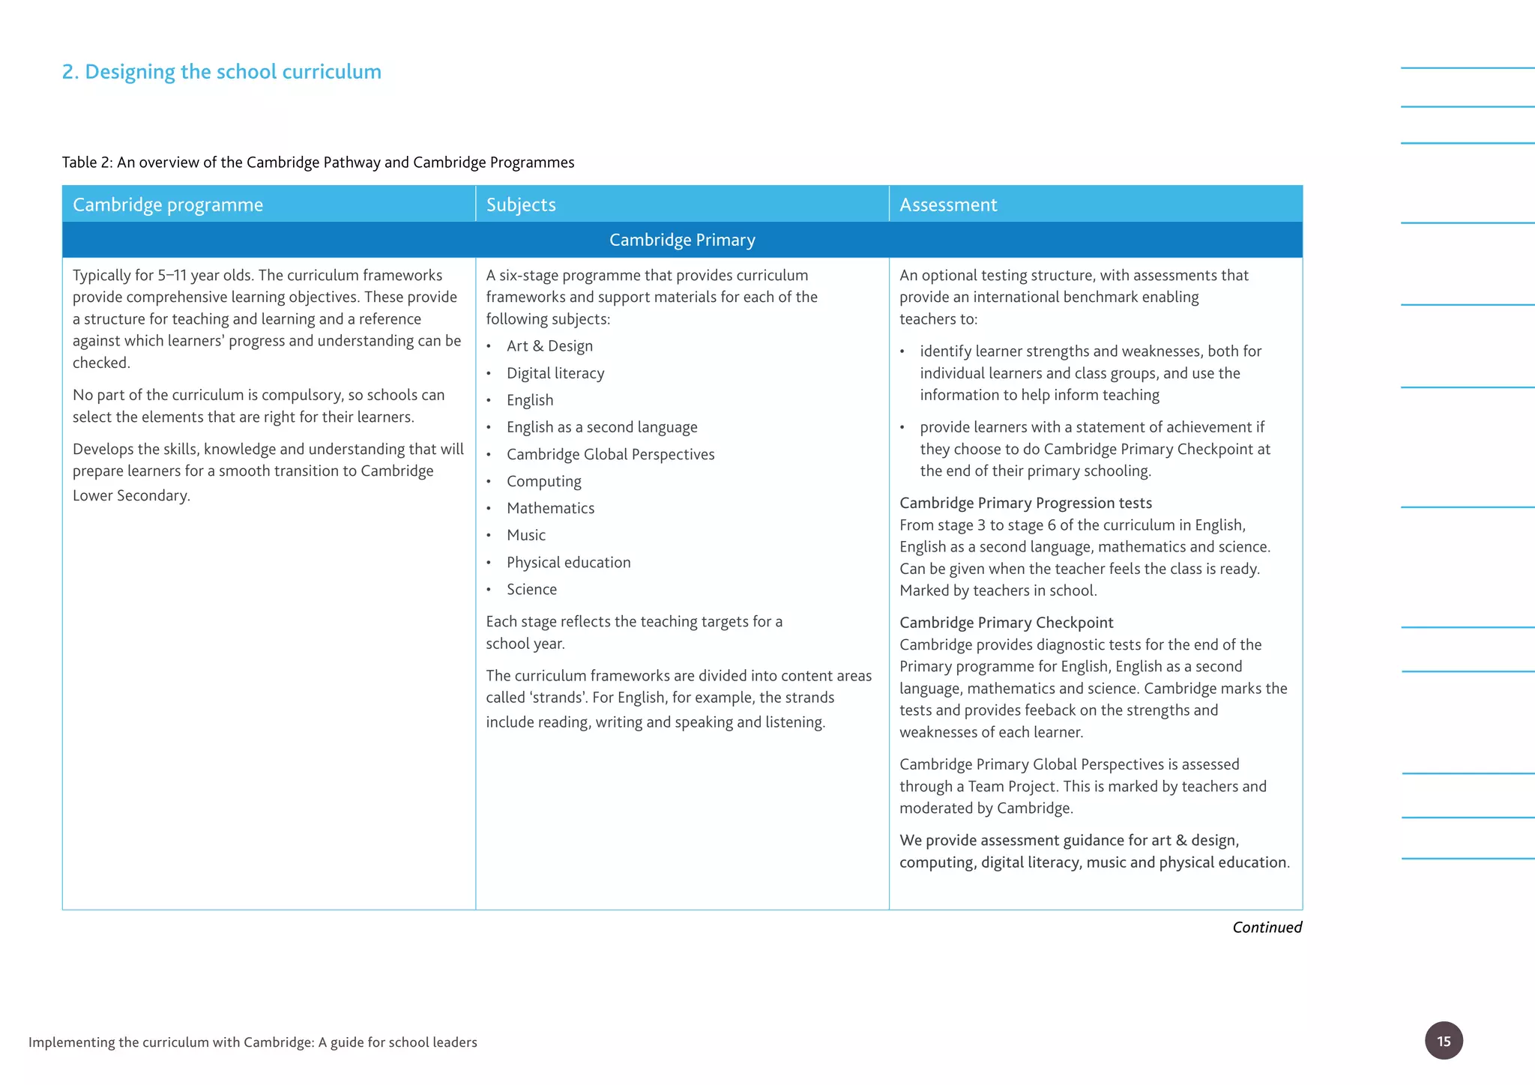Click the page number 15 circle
tap(1443, 1040)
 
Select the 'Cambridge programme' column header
tap(168, 205)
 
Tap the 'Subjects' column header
tap(521, 205)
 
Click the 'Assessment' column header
tap(948, 205)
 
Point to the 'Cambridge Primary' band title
tap(682, 240)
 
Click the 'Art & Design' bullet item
tap(549, 346)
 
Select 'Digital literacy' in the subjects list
tap(555, 373)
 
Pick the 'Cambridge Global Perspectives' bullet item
tap(610, 454)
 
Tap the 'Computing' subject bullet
tap(543, 481)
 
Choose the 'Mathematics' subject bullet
tap(550, 508)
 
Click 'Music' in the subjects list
tap(526, 535)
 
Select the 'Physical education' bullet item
tap(568, 562)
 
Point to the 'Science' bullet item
tap(531, 589)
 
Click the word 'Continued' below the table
tap(1267, 927)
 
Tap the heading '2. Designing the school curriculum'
tap(222, 72)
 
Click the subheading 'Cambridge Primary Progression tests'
tap(1025, 503)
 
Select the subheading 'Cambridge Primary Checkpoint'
tap(1006, 623)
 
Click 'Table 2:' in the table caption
tap(87, 163)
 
